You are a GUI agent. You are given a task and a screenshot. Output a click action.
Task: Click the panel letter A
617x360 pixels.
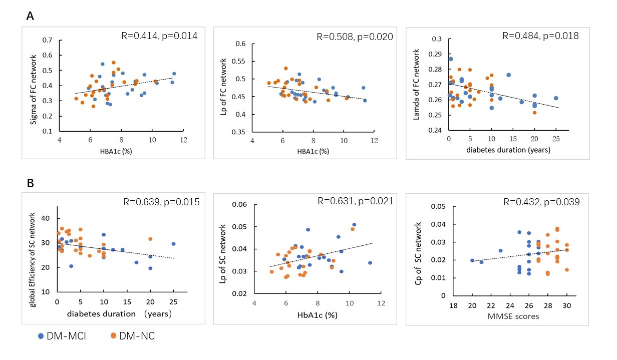click(31, 17)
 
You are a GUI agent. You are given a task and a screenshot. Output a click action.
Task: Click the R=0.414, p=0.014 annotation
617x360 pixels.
click(159, 36)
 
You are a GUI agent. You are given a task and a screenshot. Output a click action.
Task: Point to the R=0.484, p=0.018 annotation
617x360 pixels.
click(540, 36)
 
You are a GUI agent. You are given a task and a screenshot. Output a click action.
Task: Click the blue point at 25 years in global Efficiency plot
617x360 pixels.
click(173, 244)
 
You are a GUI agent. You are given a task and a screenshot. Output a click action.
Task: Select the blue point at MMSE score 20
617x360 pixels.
click(472, 260)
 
